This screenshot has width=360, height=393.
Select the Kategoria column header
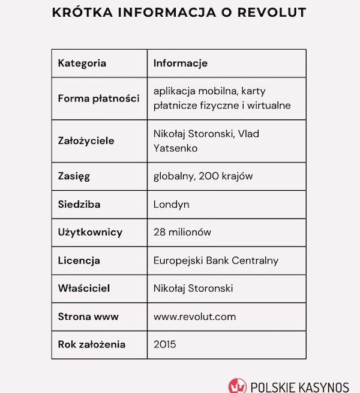click(x=82, y=63)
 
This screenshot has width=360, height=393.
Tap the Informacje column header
click(x=181, y=63)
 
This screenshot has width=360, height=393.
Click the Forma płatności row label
click(x=98, y=98)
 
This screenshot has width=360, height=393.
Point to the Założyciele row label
click(x=86, y=141)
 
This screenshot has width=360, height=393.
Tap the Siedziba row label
click(x=79, y=205)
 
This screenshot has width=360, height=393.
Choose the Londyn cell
click(x=172, y=205)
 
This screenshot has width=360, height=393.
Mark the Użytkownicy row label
click(x=90, y=232)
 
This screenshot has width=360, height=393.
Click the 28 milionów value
click(x=182, y=232)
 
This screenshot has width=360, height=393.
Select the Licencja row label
click(x=79, y=260)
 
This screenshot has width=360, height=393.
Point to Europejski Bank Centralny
click(x=216, y=260)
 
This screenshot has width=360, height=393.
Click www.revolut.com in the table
click(x=195, y=316)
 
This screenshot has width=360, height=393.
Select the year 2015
click(x=165, y=344)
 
